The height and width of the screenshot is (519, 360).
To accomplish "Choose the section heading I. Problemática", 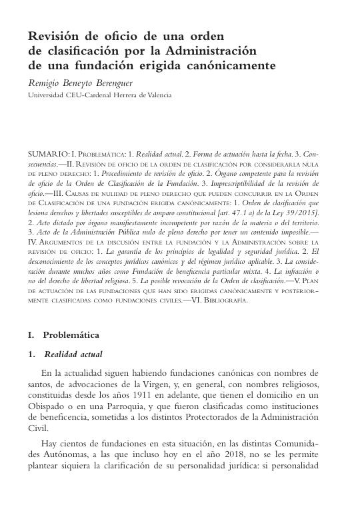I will point(63,334).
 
